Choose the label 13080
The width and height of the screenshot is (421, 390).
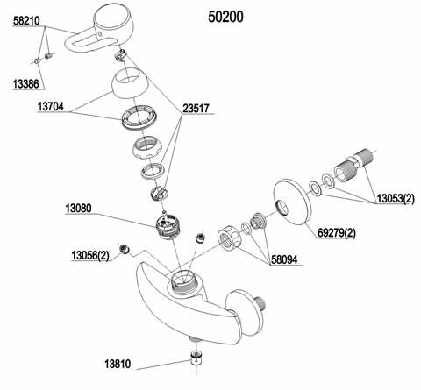[x=84, y=210]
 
